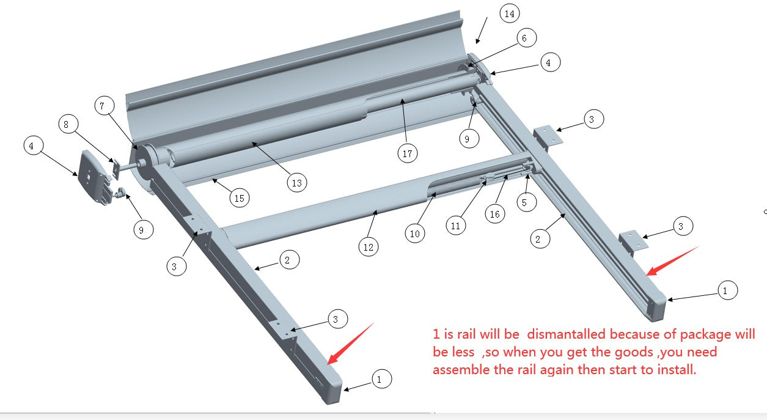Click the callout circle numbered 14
pyautogui.click(x=510, y=13)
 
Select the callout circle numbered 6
pyautogui.click(x=524, y=38)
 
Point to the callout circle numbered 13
pyautogui.click(x=296, y=182)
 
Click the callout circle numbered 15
pyautogui.click(x=240, y=197)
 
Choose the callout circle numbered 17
pyautogui.click(x=408, y=153)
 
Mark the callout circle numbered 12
pyautogui.click(x=368, y=246)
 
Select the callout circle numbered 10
pyautogui.click(x=415, y=233)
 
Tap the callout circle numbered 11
pyautogui.click(x=455, y=226)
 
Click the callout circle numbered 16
pyautogui.click(x=495, y=213)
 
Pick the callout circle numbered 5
pyautogui.click(x=524, y=201)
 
